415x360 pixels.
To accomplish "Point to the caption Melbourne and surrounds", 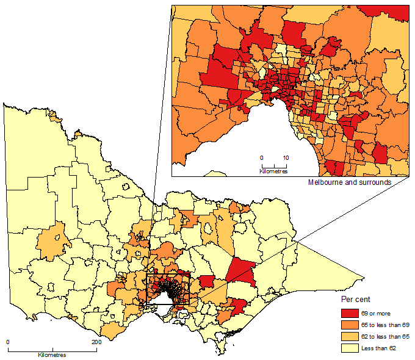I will [349, 182].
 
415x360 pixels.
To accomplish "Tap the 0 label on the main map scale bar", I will [7, 342].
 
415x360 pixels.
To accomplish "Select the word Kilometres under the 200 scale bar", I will [52, 355].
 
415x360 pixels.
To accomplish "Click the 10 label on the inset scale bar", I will [286, 157].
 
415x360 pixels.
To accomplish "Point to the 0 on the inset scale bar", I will [262, 157].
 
